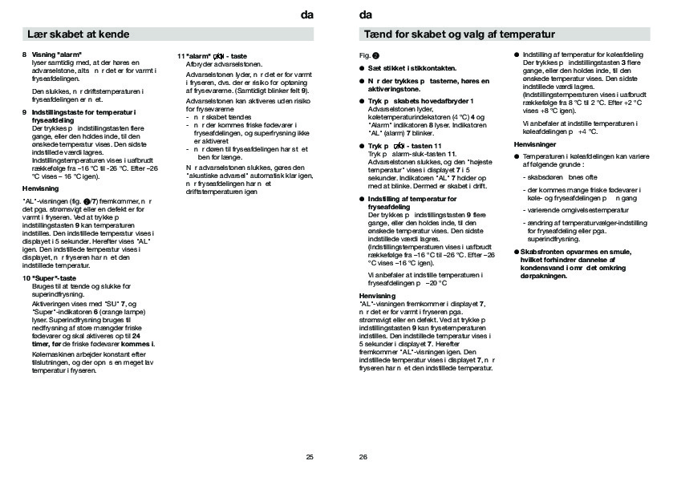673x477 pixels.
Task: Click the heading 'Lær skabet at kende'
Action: point(79,34)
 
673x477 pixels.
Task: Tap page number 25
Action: point(310,457)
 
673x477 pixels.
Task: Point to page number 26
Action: point(363,457)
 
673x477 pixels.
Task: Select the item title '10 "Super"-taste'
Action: point(49,278)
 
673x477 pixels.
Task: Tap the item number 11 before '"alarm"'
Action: point(180,55)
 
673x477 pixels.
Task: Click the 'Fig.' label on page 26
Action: point(364,55)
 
